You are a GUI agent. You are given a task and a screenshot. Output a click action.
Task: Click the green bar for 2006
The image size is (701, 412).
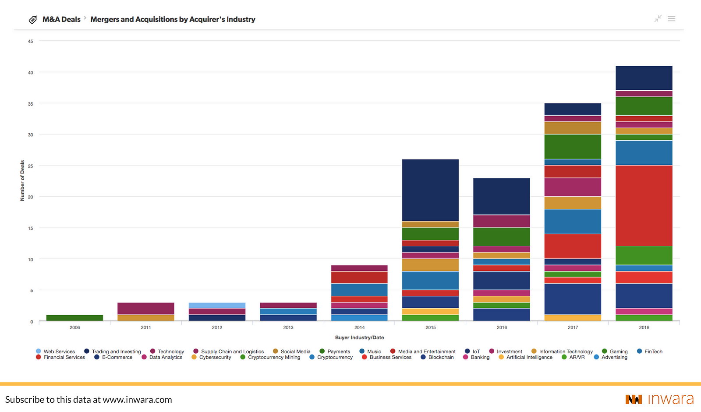(x=74, y=318)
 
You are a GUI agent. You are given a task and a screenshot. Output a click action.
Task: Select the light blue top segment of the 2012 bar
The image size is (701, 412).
(x=217, y=305)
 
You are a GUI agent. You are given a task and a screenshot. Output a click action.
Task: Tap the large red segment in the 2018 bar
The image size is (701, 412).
(x=644, y=206)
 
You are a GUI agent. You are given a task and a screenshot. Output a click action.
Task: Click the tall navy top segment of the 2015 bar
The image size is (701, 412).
(x=430, y=190)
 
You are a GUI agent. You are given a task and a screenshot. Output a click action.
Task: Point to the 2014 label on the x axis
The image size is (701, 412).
(x=359, y=327)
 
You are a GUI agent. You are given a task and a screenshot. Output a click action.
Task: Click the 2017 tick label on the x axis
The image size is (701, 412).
(x=573, y=327)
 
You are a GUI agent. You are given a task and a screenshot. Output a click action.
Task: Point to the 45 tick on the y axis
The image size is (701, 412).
(x=30, y=41)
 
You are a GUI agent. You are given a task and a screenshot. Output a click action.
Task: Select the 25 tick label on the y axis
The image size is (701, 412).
(x=30, y=166)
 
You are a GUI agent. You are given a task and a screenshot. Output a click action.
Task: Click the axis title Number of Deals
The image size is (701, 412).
(x=22, y=181)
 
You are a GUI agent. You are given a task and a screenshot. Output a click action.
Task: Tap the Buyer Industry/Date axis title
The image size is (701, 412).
(x=359, y=337)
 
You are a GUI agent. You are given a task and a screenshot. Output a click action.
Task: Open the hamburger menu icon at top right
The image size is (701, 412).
(x=671, y=19)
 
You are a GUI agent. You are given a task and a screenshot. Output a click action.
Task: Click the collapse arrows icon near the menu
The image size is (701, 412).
(x=658, y=18)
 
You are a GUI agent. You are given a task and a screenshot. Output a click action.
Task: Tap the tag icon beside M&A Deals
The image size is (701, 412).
(x=33, y=20)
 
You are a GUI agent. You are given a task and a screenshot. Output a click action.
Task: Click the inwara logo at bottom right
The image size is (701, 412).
(x=659, y=399)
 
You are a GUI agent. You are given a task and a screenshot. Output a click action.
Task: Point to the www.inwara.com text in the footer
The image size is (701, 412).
(x=137, y=400)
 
